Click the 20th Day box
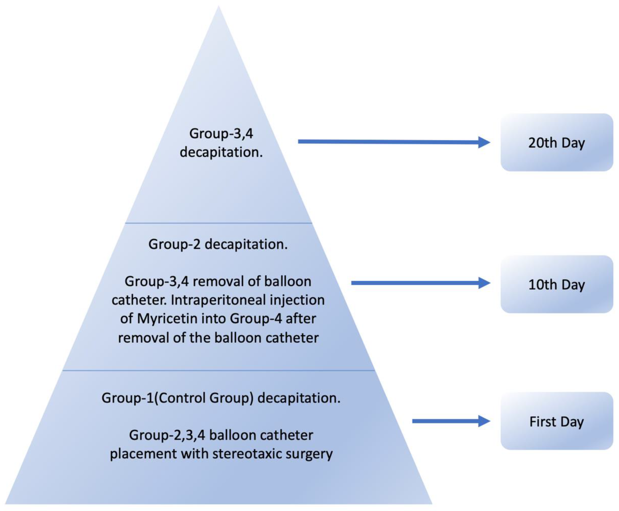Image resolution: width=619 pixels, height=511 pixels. pos(556,143)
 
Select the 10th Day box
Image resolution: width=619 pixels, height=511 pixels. pos(556,284)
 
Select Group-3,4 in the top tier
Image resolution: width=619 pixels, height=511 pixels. pos(221,134)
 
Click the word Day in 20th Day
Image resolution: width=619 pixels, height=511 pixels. pos(573,143)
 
